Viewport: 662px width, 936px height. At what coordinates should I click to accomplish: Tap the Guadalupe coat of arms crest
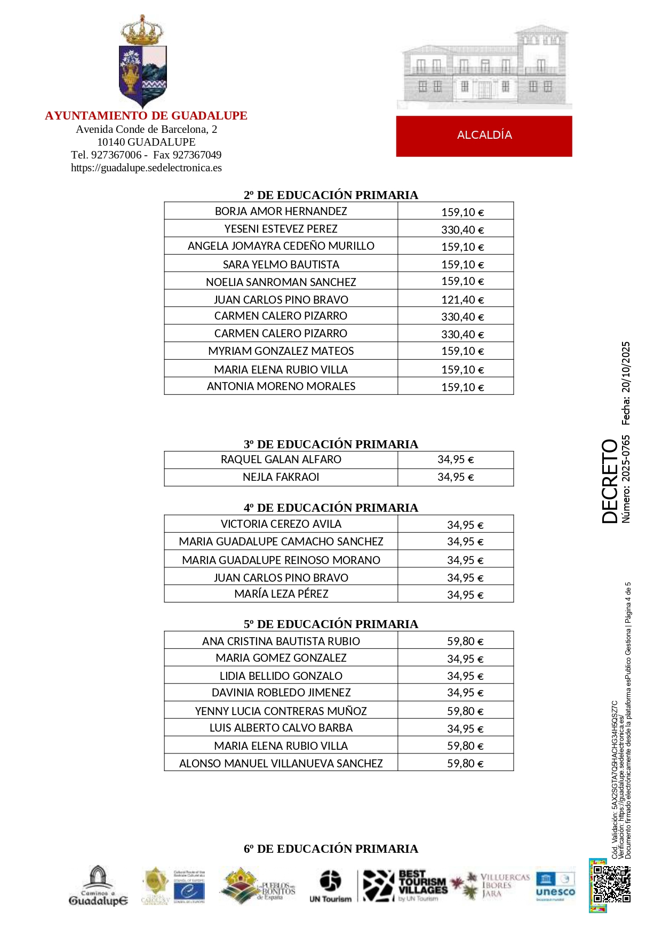tap(143, 63)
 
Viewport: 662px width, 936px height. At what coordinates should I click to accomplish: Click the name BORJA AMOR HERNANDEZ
tap(281, 211)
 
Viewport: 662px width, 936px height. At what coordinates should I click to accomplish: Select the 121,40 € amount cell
tap(462, 300)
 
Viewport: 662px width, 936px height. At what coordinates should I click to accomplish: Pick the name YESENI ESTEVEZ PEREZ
tap(281, 229)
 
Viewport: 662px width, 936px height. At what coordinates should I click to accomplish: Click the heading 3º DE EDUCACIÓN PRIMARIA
tap(331, 444)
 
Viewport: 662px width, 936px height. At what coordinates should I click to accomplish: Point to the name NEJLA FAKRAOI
tap(281, 477)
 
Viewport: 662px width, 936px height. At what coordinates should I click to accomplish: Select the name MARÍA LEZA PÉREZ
tap(281, 594)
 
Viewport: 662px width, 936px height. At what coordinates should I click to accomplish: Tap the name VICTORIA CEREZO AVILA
tap(281, 524)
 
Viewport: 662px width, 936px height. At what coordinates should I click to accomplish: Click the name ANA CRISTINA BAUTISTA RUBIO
tap(281, 641)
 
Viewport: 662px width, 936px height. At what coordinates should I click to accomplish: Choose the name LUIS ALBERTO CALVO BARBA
tap(281, 728)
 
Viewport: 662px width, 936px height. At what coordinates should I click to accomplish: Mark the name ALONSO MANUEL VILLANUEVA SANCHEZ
tap(281, 764)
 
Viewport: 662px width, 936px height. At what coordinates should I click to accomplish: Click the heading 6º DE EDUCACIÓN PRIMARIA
tap(331, 848)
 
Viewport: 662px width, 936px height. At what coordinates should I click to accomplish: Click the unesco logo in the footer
tap(555, 886)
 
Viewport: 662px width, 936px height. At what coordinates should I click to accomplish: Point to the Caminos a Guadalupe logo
tap(98, 886)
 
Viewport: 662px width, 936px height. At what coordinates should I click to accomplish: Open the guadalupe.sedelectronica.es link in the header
tap(146, 168)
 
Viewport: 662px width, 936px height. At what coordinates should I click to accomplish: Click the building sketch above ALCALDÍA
tap(484, 67)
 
